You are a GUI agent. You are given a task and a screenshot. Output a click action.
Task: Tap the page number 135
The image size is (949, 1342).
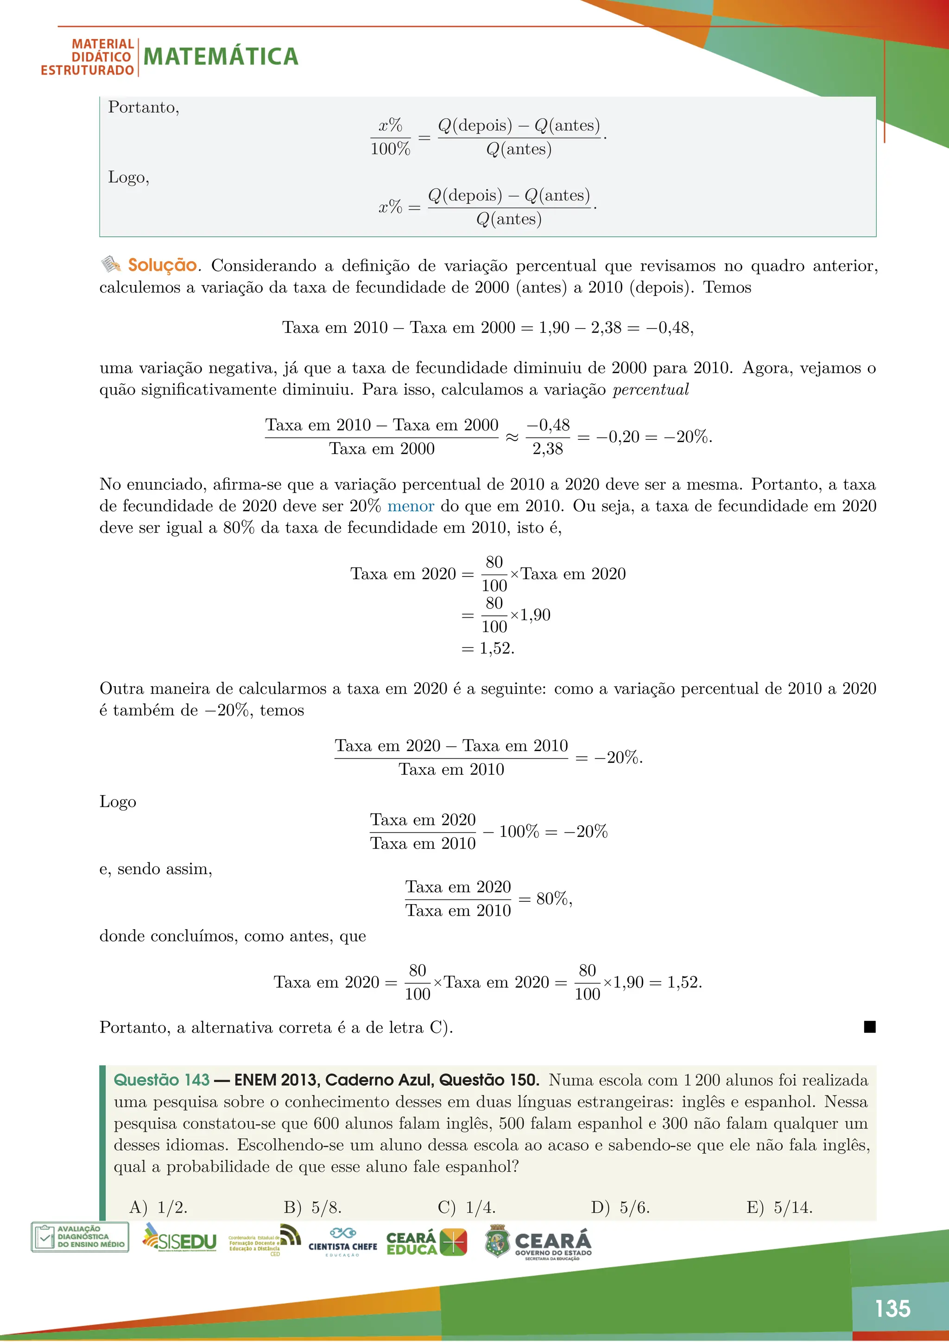pyautogui.click(x=892, y=1308)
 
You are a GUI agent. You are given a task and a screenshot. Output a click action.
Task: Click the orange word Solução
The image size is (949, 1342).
pyautogui.click(x=163, y=266)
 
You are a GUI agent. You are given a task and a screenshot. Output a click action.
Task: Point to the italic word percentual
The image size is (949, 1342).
pyautogui.click(x=651, y=390)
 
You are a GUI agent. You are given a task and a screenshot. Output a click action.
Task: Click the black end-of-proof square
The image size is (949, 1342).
pyautogui.click(x=869, y=1027)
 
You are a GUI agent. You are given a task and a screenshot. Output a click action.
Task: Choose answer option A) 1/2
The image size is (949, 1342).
pyautogui.click(x=158, y=1207)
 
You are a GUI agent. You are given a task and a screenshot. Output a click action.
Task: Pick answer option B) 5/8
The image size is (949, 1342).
pyautogui.click(x=313, y=1207)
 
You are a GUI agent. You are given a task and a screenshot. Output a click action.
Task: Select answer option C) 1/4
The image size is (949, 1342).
pyautogui.click(x=466, y=1207)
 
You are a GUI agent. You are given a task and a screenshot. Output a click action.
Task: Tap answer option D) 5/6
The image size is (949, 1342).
pyautogui.click(x=620, y=1207)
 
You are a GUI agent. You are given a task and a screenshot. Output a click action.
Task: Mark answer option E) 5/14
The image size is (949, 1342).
pyautogui.click(x=779, y=1207)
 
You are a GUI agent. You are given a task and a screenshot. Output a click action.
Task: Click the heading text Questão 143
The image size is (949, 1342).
pyautogui.click(x=161, y=1080)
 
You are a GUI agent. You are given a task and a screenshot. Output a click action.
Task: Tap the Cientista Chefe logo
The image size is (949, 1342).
pyautogui.click(x=342, y=1242)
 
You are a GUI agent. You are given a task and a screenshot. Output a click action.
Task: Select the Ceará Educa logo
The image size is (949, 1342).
pyautogui.click(x=427, y=1242)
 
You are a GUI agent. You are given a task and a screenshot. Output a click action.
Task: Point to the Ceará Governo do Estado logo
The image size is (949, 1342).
pyautogui.click(x=538, y=1242)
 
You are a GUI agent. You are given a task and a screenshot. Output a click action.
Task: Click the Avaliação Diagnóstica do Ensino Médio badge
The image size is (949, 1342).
pyautogui.click(x=80, y=1237)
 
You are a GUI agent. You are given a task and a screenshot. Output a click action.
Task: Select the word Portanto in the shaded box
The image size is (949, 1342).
pyautogui.click(x=143, y=108)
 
